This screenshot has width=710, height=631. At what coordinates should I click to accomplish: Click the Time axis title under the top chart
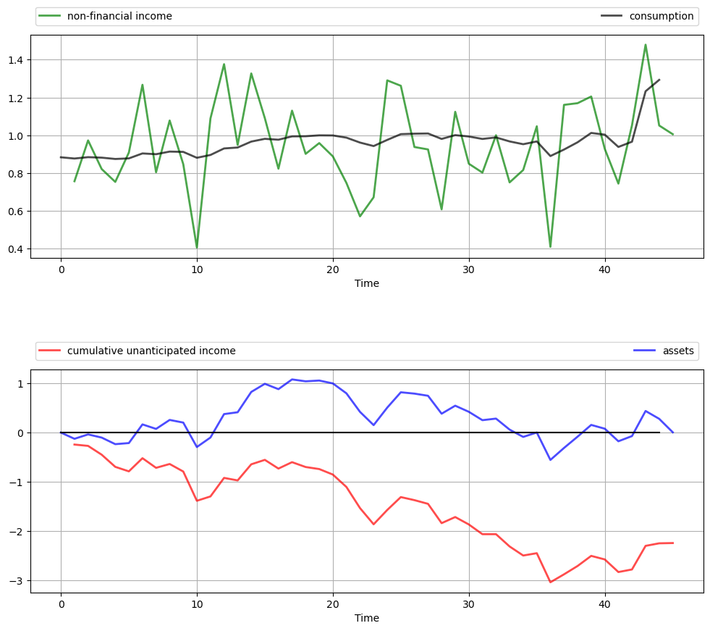367,283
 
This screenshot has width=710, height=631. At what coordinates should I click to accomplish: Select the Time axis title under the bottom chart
367,618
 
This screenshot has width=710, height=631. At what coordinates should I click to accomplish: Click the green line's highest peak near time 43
646,45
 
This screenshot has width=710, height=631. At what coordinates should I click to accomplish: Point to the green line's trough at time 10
197,248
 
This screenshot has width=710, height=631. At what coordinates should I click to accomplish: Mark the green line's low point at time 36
550,247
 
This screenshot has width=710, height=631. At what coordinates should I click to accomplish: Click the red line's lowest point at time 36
550,582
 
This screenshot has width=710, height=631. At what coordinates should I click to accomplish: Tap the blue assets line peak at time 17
292,379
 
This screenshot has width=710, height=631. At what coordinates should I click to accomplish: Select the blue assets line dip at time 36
550,460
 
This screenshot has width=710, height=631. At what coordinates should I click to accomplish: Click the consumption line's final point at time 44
659,80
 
